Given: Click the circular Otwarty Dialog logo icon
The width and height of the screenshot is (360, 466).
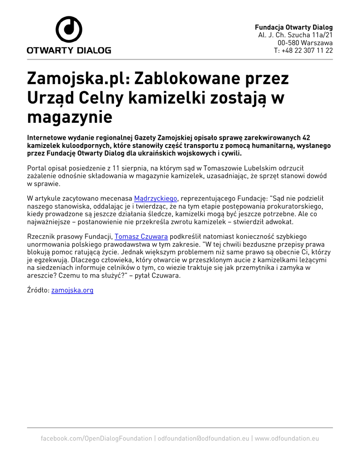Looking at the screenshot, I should [69, 30].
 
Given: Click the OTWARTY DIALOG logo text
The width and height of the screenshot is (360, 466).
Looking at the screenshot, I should [69, 50].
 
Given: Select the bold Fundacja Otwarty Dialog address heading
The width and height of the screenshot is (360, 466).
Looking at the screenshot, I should [294, 27].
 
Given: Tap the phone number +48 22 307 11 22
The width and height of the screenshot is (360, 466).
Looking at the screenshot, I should [303, 51].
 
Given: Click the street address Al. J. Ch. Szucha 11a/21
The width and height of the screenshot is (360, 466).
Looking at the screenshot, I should [295, 35].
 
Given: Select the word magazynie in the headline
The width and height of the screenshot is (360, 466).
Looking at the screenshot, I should [69, 117].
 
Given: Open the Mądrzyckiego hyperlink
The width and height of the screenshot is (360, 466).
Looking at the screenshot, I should [155, 198].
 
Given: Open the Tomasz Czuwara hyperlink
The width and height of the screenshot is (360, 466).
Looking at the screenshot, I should [141, 236].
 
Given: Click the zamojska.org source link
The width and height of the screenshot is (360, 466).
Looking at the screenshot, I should [72, 290].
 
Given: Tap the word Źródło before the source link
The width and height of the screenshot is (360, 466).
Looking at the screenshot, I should [38, 290].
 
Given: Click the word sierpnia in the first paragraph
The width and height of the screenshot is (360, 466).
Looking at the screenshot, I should [133, 167].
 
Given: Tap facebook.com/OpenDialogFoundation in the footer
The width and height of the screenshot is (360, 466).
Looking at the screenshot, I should [96, 438].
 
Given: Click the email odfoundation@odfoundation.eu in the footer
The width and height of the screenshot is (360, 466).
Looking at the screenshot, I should [203, 438].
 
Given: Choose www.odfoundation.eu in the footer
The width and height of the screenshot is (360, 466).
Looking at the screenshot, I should [287, 438].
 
